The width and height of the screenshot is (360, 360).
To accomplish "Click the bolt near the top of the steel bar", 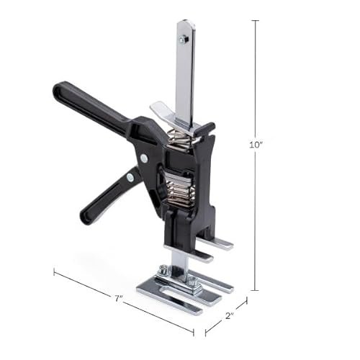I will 186,41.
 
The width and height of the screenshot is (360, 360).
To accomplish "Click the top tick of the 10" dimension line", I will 256,21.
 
